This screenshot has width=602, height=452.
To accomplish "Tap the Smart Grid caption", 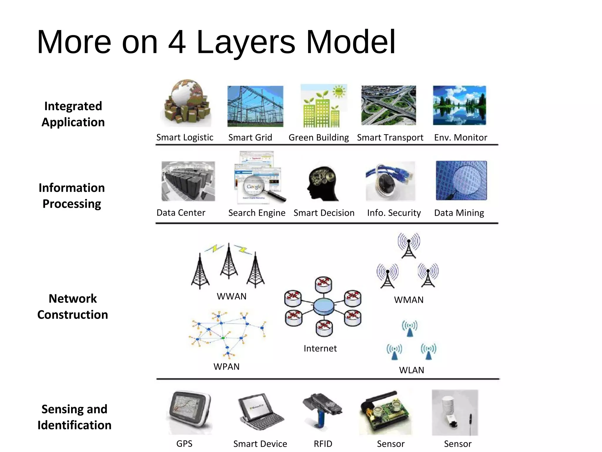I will coord(250,137).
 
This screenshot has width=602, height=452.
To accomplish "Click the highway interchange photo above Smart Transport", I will coord(389,105).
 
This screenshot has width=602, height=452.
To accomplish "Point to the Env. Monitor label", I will coord(460,137).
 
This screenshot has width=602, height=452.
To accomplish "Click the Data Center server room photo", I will coord(188,181).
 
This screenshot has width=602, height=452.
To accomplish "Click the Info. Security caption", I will coord(394,213).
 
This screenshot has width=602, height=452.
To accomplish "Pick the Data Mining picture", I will coord(461,180).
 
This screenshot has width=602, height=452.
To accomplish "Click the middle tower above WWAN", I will coord(229,262).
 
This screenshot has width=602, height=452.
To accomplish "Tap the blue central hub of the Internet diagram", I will coord(323,307).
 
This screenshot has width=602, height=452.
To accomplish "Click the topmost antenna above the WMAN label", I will coord(409,246).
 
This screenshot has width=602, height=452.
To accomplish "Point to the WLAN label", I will coord(411,370).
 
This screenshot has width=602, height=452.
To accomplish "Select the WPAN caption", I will coord(226,367).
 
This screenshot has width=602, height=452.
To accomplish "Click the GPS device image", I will coord(190,412).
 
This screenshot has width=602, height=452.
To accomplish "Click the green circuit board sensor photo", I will coord(385,412).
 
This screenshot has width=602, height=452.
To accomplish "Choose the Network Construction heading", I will coord(73,307).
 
